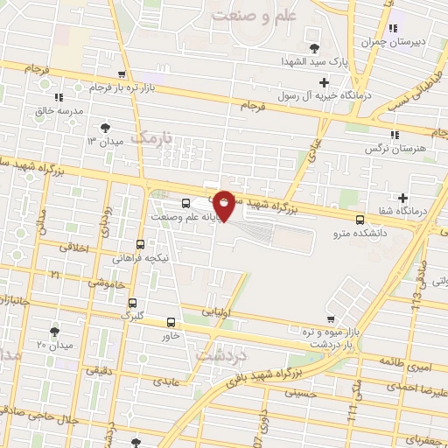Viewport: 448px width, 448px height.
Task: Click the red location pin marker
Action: point(224,204)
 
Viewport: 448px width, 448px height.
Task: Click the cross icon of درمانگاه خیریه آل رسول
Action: point(325,82)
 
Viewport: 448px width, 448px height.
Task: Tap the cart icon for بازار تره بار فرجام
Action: point(122,74)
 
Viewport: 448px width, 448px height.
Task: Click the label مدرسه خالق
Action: point(59,111)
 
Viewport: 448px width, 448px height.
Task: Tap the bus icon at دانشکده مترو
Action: point(360,220)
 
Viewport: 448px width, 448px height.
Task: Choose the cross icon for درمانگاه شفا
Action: point(402,198)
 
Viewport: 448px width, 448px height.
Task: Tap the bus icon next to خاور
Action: point(171,321)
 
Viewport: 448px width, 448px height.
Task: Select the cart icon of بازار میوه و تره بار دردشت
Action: point(329,319)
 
